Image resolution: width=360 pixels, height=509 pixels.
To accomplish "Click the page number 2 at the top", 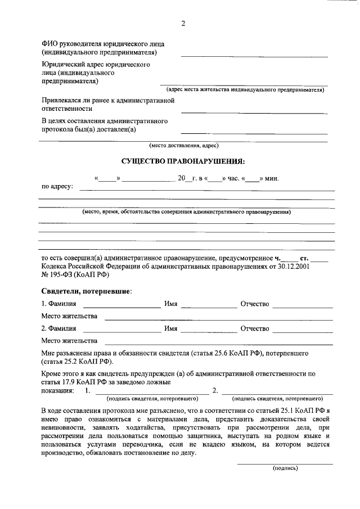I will [183, 23].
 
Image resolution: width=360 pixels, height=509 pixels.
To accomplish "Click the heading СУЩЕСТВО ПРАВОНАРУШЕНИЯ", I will [183, 161].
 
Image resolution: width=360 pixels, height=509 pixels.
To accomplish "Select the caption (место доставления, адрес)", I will [183, 145].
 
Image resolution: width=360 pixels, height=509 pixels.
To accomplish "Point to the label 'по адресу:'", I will [57, 186].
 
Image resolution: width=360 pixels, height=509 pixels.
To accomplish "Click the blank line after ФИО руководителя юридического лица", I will [254, 55].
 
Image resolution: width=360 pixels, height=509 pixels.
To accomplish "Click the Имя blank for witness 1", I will [209, 307].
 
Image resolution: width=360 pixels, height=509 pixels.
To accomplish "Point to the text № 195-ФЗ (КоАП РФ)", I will [74, 276].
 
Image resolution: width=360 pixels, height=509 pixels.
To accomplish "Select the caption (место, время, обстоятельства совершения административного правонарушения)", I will [186, 214].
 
